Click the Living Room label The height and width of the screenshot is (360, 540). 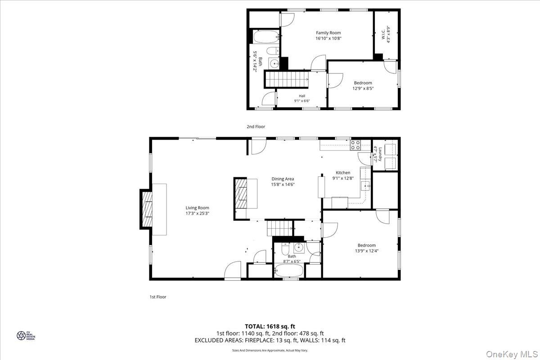[x=198, y=207]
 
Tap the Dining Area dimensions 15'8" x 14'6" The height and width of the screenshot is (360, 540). [x=283, y=184]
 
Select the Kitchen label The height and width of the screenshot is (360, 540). [x=343, y=172]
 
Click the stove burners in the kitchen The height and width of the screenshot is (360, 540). [x=355, y=145]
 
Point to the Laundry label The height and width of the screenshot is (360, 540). [x=380, y=154]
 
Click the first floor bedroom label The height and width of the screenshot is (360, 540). [x=366, y=245]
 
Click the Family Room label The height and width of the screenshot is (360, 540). [x=328, y=32]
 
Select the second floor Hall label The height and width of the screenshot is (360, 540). [x=302, y=96]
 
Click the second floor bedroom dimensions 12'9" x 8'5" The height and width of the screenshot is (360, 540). [x=363, y=89]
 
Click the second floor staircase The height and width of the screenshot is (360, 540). [x=285, y=79]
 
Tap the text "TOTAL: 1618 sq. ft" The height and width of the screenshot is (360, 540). [x=270, y=326]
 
